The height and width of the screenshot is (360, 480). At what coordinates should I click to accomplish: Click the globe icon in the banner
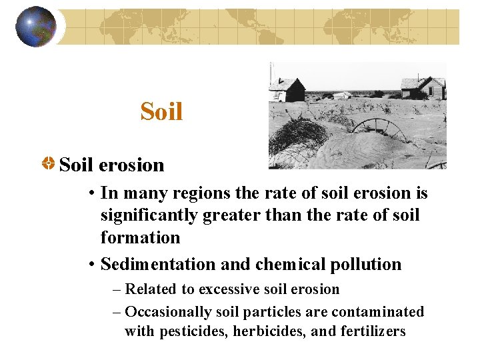[x=35, y=27]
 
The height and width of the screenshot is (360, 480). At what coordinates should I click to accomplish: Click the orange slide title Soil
[x=161, y=111]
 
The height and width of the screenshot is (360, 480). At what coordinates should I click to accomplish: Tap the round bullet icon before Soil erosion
[x=49, y=163]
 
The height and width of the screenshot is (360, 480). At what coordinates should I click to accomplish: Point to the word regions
[x=195, y=193]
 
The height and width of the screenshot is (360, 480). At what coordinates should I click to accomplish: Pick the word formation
[x=140, y=237]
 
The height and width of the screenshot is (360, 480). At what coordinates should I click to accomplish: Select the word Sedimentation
[x=159, y=265]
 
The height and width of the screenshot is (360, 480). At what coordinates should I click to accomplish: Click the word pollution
[x=368, y=265]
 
